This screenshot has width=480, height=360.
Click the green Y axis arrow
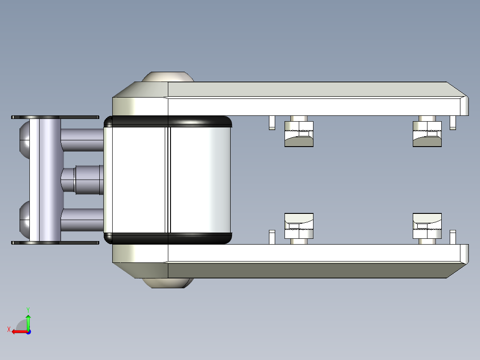(x=28, y=320)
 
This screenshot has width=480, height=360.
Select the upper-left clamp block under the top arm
(x=299, y=134)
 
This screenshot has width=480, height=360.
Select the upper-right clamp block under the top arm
(x=427, y=134)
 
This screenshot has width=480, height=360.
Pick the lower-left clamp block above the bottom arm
(x=299, y=226)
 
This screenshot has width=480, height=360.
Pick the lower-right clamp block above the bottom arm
(x=427, y=226)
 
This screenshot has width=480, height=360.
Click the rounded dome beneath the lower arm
(x=167, y=283)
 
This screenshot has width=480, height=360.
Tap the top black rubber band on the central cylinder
(x=167, y=121)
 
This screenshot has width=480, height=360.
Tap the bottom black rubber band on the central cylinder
(x=167, y=238)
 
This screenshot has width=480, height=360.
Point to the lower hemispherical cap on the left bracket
(x=24, y=220)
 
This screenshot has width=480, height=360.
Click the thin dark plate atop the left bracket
(x=55, y=117)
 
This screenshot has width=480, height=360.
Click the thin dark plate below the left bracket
(x=55, y=243)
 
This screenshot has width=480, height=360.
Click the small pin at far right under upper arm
(x=453, y=123)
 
